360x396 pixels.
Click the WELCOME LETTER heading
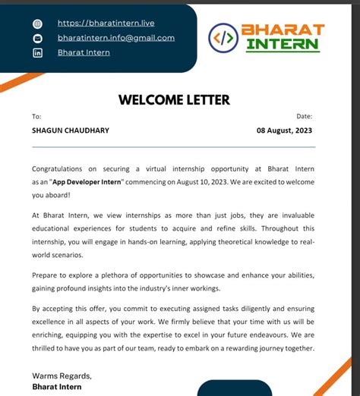coord(174,99)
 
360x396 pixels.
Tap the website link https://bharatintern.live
coord(106,24)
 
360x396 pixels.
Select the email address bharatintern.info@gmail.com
coord(115,38)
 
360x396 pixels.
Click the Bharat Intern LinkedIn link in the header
coord(84,52)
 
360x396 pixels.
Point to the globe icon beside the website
coord(38,24)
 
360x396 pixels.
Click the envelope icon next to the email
coord(38,39)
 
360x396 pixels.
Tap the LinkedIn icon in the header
coord(38,53)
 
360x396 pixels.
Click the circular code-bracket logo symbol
coord(223,36)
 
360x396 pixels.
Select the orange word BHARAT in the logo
coord(283,30)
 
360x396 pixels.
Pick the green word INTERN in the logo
coord(282,44)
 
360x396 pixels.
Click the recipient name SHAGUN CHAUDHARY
coord(70,130)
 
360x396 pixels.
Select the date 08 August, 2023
coord(285,130)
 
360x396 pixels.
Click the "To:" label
coord(36,116)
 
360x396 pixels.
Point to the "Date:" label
coord(304,116)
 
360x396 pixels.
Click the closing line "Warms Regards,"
coord(62,376)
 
